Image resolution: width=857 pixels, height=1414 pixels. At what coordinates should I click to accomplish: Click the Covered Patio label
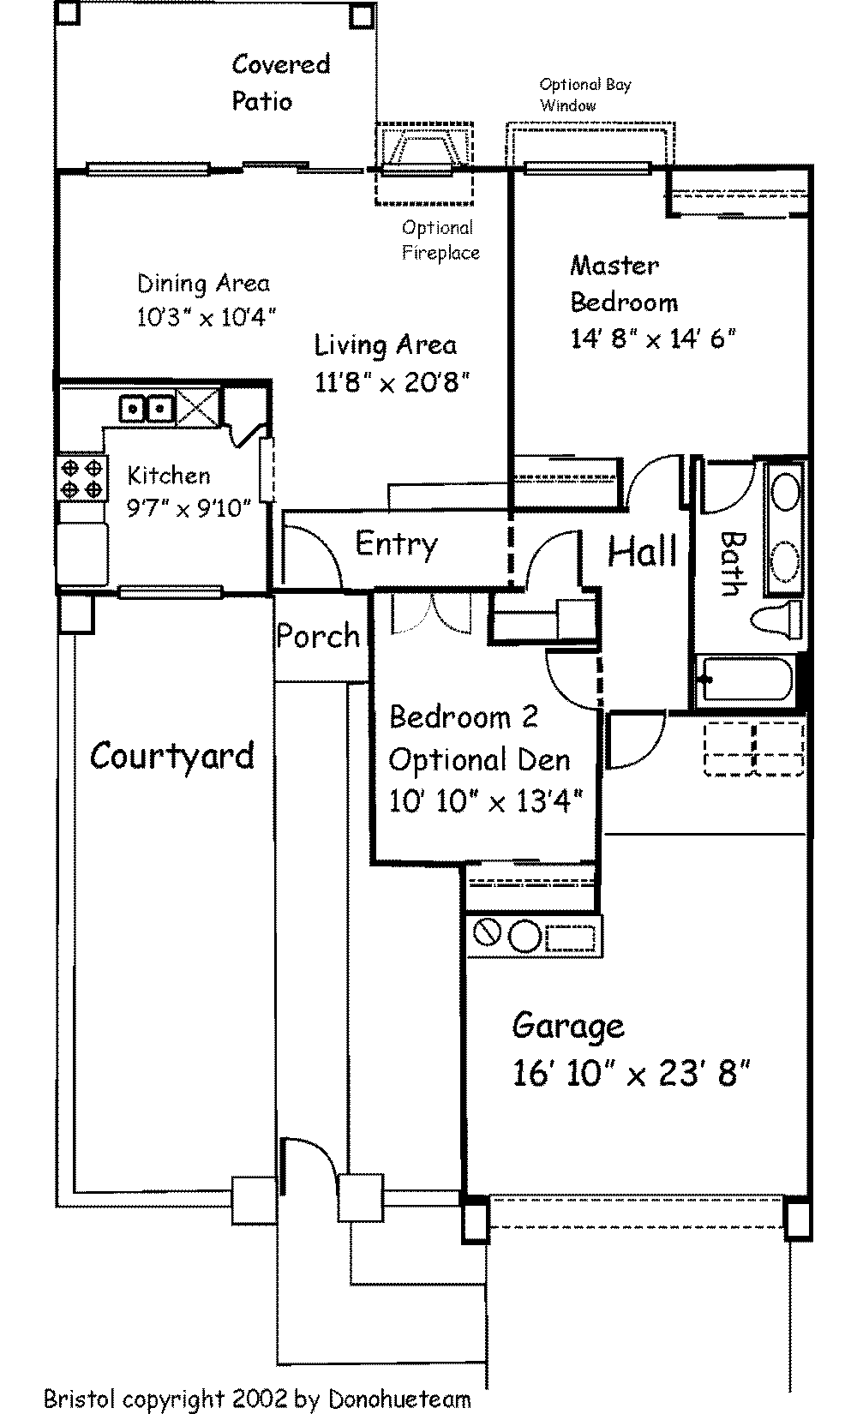click(x=281, y=82)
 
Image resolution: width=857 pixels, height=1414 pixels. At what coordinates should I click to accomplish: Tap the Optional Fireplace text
click(x=440, y=241)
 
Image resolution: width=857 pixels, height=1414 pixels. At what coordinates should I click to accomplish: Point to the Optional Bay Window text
click(x=585, y=94)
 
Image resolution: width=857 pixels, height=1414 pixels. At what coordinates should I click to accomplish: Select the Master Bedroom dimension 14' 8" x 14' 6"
click(x=653, y=339)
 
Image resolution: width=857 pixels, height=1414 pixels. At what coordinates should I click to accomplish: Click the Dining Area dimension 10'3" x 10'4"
click(x=207, y=316)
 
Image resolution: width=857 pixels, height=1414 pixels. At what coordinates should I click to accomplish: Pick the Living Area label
click(x=386, y=345)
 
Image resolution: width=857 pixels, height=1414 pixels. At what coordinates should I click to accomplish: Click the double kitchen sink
click(x=147, y=408)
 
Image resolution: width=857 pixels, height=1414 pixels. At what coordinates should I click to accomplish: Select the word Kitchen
click(x=169, y=476)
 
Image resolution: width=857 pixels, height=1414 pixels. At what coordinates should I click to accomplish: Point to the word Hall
click(x=643, y=551)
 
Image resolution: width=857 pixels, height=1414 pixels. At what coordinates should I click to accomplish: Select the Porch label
click(x=318, y=635)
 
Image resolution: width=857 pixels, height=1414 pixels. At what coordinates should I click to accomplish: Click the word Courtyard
click(x=171, y=756)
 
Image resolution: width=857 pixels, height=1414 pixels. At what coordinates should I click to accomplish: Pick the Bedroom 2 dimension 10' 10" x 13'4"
click(x=485, y=801)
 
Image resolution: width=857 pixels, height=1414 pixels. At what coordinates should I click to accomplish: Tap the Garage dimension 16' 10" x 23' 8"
click(x=631, y=1072)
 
